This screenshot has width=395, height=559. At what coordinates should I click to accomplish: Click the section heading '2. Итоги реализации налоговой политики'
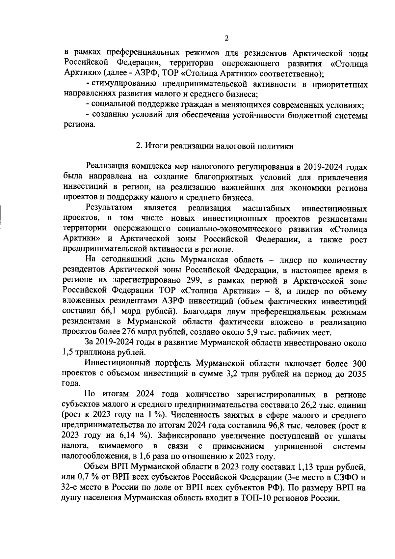click(215, 146)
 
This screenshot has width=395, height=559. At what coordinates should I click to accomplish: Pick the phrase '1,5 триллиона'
click(84, 352)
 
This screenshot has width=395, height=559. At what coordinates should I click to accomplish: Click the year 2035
click(357, 373)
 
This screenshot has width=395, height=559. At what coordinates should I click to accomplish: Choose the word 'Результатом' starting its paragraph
click(109, 208)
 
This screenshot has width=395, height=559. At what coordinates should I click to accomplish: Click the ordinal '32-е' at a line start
click(71, 487)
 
